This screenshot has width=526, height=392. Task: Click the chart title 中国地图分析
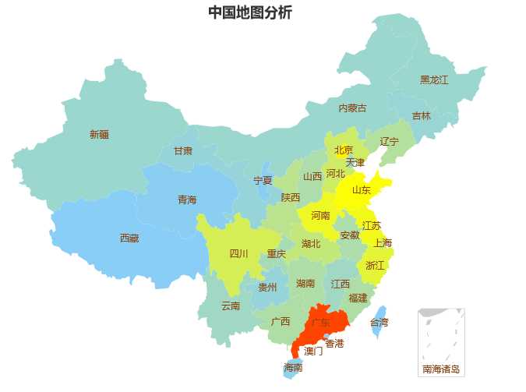[x=249, y=12]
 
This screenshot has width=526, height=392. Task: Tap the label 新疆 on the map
[x=99, y=134]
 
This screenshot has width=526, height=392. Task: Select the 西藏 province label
[x=129, y=238]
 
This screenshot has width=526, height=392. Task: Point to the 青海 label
[x=187, y=200]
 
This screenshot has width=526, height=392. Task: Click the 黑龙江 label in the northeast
[x=434, y=79]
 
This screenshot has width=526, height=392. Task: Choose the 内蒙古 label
[x=352, y=108]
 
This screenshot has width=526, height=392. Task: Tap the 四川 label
[x=238, y=253]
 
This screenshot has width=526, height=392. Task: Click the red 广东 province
[x=320, y=322]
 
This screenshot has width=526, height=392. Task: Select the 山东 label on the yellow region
[x=362, y=189]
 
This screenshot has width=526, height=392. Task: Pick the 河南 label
[x=320, y=215]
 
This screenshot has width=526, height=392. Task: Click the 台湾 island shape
[x=378, y=321]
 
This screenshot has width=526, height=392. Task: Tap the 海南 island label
[x=293, y=367]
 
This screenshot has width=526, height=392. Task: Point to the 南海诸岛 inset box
[x=441, y=341]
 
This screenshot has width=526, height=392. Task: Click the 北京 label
[x=344, y=150]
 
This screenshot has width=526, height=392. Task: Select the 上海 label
[x=383, y=242]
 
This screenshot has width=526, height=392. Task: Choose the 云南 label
[x=231, y=305]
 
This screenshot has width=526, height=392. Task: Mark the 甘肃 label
[x=183, y=150]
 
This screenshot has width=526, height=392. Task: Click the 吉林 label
[x=421, y=115]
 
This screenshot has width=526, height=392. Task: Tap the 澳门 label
[x=313, y=351]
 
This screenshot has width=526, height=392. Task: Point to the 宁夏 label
[x=263, y=180]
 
